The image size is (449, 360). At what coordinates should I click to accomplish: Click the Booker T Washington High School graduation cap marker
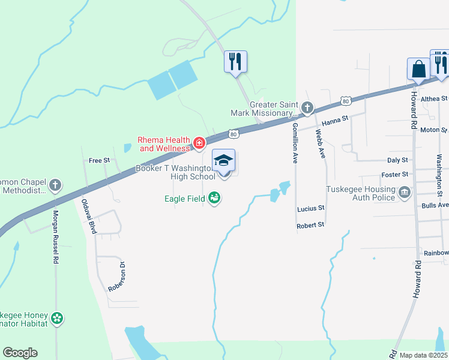click(x=224, y=162)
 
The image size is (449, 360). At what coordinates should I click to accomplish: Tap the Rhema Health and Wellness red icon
click(x=199, y=143)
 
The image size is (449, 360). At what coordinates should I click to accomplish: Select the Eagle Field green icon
click(x=214, y=198)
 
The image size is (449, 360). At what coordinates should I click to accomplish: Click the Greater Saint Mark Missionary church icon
click(x=307, y=108)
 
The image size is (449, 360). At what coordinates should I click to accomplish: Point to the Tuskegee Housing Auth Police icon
click(x=404, y=192)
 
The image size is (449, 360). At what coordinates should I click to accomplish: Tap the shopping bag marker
click(x=418, y=70)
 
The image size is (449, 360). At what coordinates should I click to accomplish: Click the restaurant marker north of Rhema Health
click(x=235, y=61)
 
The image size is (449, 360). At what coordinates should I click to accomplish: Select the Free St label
click(x=99, y=160)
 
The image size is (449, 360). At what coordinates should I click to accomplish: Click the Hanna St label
click(x=336, y=121)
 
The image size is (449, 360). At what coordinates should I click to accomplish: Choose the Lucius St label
click(x=311, y=208)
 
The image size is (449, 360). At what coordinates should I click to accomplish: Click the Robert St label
click(x=311, y=224)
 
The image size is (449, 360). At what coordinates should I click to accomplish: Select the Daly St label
click(x=397, y=160)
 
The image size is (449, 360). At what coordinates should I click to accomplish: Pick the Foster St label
click(x=394, y=175)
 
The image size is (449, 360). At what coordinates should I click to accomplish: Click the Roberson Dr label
click(x=115, y=276)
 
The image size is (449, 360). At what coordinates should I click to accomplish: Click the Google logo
click(x=20, y=353)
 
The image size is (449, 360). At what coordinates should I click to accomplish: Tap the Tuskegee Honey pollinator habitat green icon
click(x=57, y=318)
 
